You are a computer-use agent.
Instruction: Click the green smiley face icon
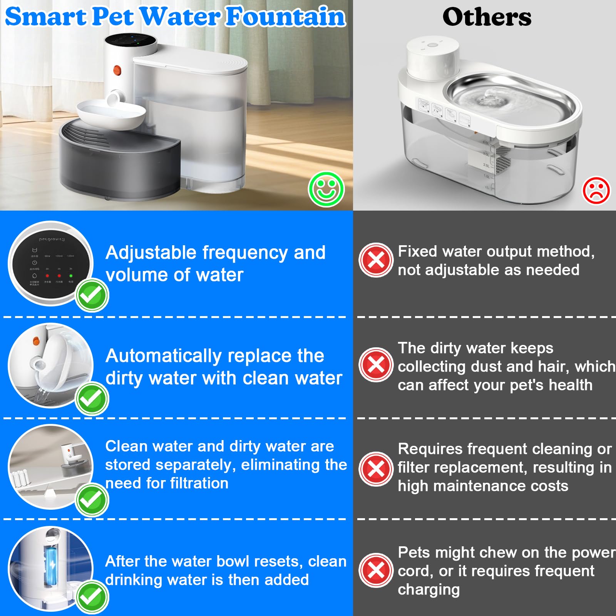click(x=326, y=189)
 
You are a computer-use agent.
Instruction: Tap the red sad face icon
click(x=596, y=190)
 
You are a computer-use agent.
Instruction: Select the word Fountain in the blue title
click(x=285, y=17)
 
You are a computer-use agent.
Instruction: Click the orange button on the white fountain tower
click(x=117, y=70)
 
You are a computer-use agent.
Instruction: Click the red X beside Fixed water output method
click(x=376, y=260)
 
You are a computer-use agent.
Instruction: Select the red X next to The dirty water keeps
click(x=376, y=365)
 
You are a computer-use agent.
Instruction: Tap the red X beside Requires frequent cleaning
click(x=376, y=469)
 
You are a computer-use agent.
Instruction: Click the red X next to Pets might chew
click(x=376, y=570)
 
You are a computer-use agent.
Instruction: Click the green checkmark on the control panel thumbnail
click(x=92, y=295)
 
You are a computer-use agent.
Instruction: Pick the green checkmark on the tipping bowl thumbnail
click(x=92, y=399)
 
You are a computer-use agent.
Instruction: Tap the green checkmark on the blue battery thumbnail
click(x=92, y=597)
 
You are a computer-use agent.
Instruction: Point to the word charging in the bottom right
click(x=429, y=590)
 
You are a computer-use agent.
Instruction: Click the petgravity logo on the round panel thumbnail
click(x=52, y=239)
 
